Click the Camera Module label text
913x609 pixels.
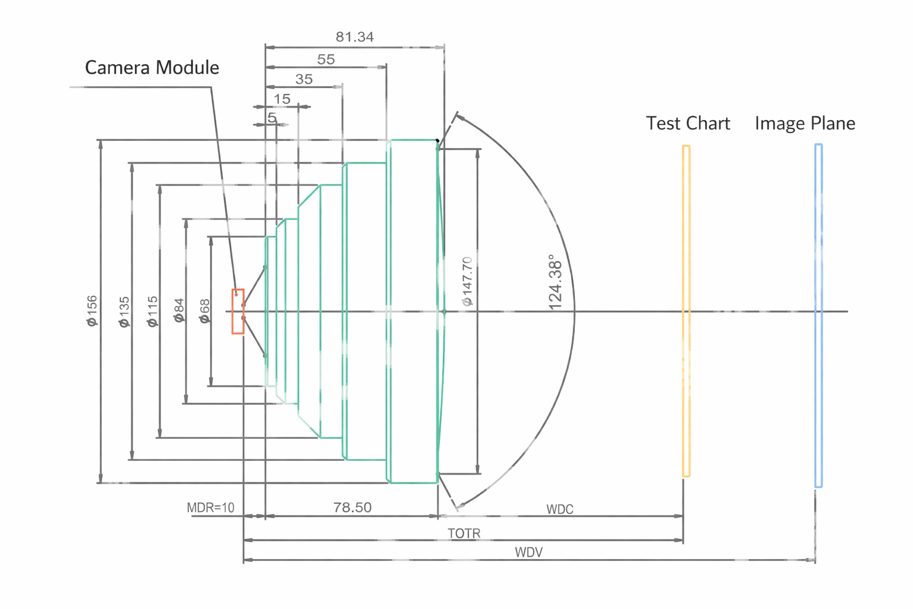click(152, 68)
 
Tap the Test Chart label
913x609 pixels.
click(688, 123)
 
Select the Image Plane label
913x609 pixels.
click(805, 123)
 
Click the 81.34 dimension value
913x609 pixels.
click(355, 37)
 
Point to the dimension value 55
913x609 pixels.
click(326, 59)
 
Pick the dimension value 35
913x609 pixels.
click(304, 79)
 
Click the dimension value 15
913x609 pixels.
click(282, 99)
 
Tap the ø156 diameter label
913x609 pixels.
click(92, 310)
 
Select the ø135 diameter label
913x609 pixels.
click(124, 312)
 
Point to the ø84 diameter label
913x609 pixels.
click(179, 311)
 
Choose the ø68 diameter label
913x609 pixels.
click(204, 311)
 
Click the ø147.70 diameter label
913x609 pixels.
click(467, 281)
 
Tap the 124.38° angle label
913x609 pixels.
click(555, 282)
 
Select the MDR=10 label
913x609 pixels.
click(210, 508)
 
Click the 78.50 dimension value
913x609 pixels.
click(352, 507)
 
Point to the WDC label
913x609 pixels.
click(559, 510)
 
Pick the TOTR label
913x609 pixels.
click(464, 533)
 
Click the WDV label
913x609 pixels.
click(528, 553)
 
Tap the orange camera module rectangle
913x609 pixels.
click(238, 312)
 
